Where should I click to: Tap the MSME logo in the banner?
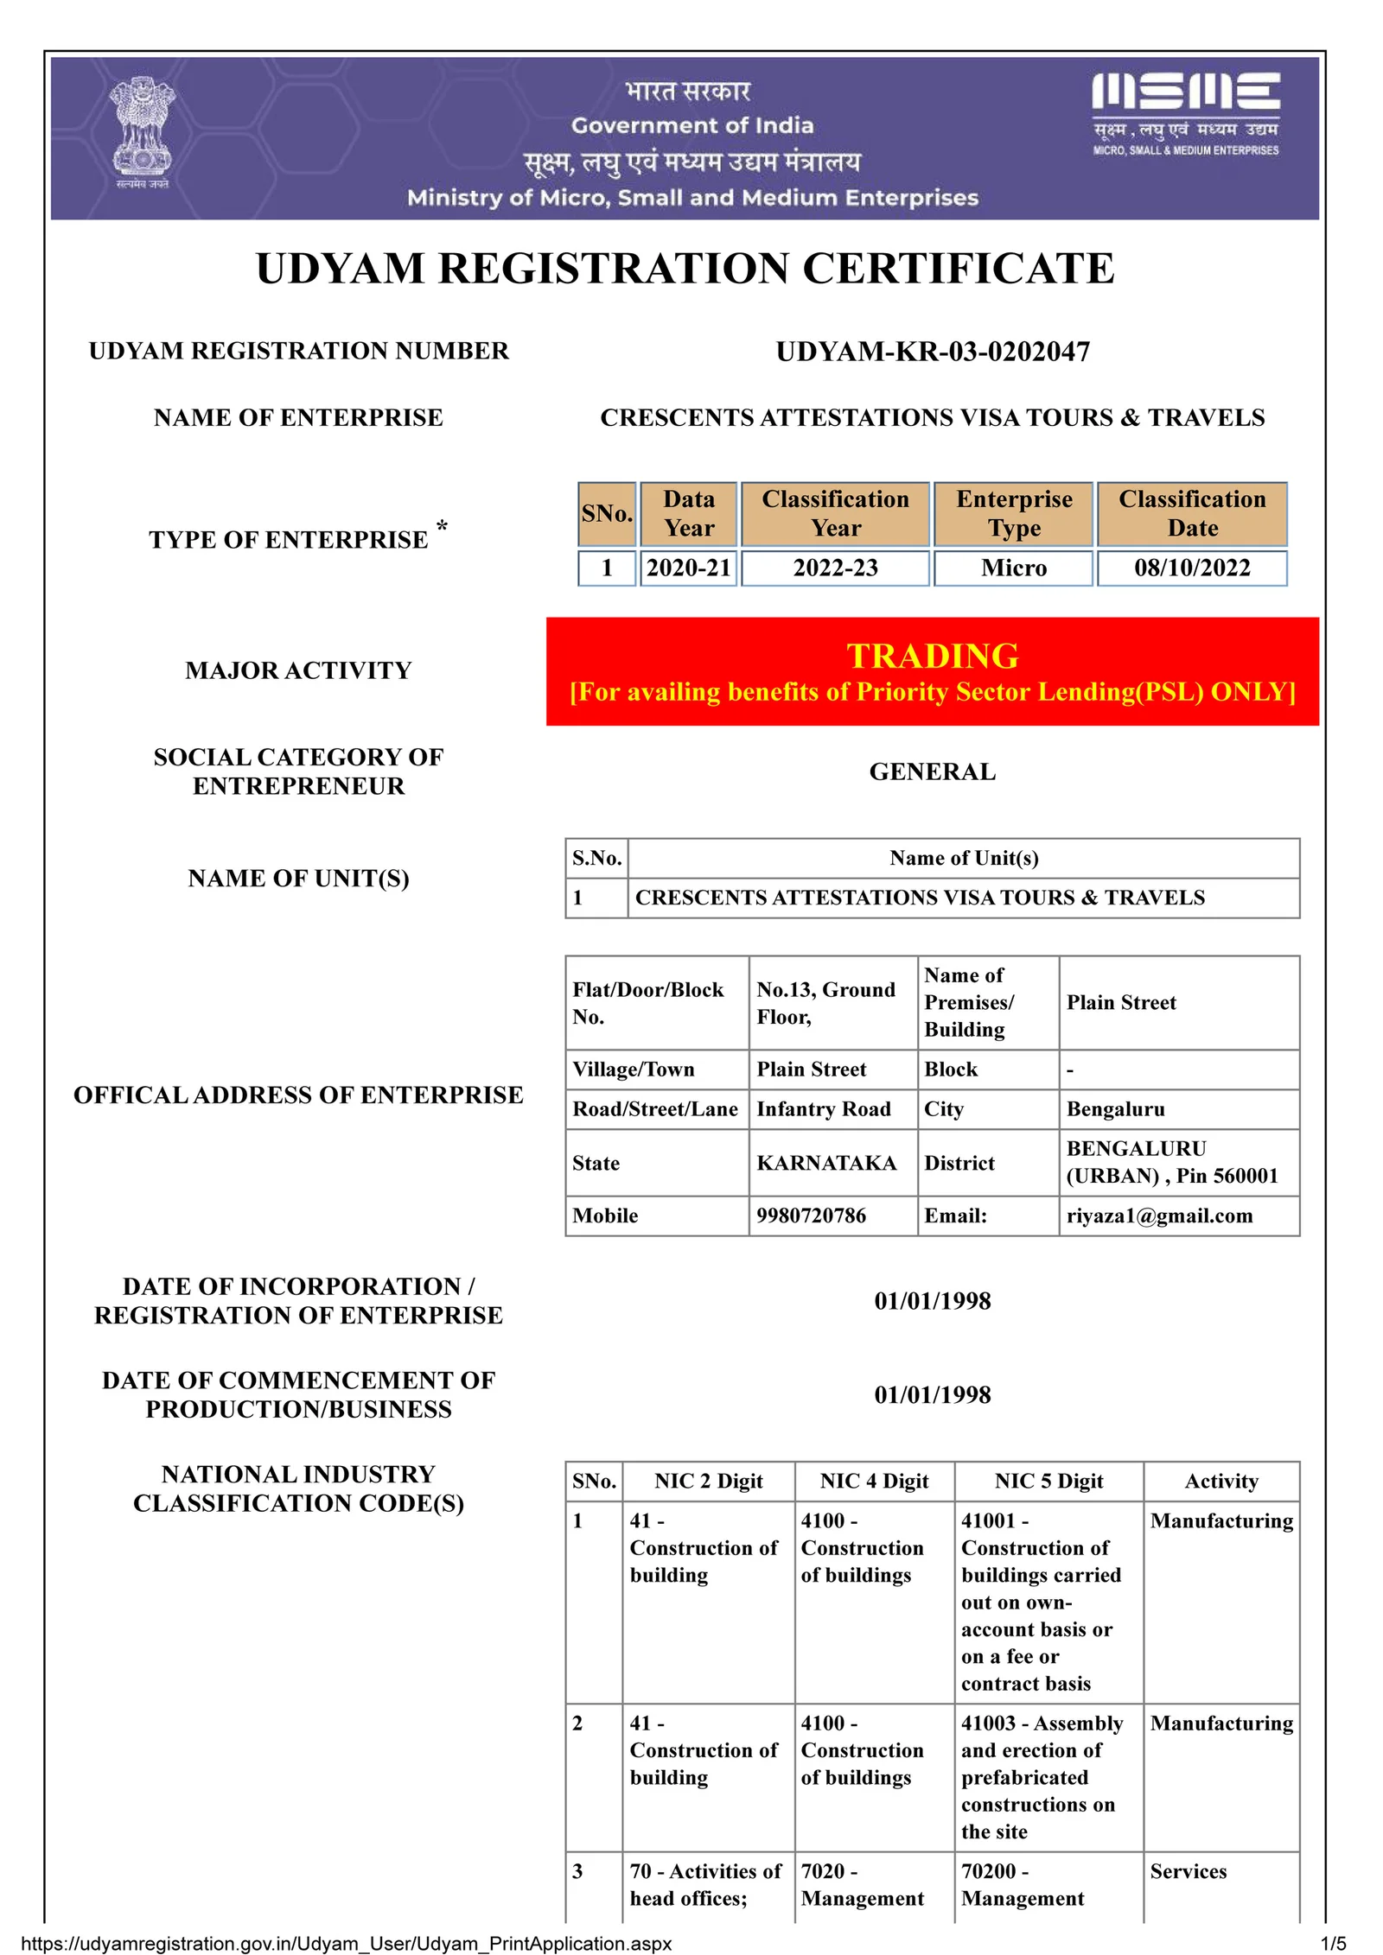coord(1185,112)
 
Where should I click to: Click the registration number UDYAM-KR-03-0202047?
coord(933,352)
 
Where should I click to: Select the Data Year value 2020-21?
coord(688,568)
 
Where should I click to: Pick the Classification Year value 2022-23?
coord(835,568)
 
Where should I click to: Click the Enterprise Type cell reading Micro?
coord(1013,568)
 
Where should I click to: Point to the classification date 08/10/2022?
coord(1192,568)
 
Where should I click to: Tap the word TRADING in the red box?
coord(933,656)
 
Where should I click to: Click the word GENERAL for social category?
coord(933,771)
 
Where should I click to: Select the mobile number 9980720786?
coord(811,1216)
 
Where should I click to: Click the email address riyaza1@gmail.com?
coord(1159,1216)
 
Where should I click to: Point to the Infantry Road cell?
coord(823,1109)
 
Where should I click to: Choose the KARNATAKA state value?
coord(826,1163)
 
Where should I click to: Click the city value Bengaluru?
coord(1115,1109)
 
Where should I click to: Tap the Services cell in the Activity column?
coord(1188,1871)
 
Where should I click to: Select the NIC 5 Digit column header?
coord(1048,1481)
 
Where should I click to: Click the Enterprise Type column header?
coord(1014,513)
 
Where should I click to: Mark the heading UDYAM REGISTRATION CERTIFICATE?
coord(685,268)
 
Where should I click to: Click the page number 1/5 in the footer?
coord(1333,1944)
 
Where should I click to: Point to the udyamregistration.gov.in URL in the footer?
coord(346,1944)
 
